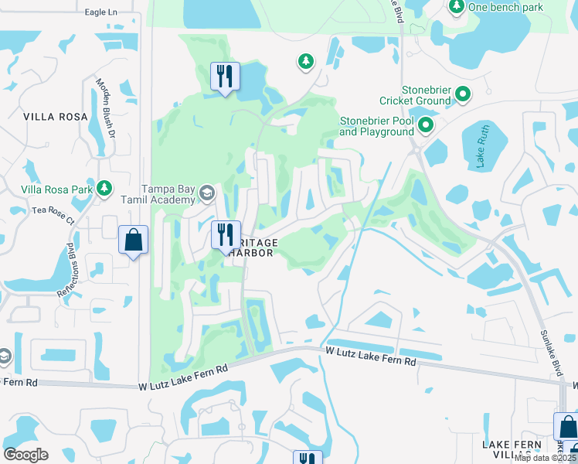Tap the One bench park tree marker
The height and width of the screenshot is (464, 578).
pos(456,7)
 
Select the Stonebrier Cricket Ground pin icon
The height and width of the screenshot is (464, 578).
pos(464,95)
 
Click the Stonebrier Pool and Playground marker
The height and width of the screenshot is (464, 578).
pos(425,125)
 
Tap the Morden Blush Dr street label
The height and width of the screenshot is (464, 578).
pos(105,107)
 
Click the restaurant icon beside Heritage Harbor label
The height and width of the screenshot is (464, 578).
pos(225,234)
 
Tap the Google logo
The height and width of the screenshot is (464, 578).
pos(25,455)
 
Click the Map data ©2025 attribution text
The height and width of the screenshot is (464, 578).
pos(546,458)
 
